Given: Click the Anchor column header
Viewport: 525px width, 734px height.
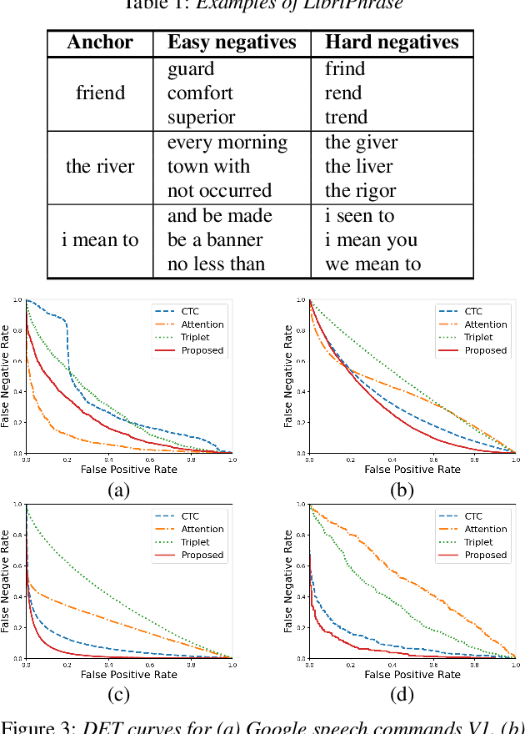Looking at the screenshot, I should click(100, 43).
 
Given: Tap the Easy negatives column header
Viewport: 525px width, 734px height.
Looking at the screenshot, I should click(232, 43).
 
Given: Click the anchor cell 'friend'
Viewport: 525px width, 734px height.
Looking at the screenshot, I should click(100, 93).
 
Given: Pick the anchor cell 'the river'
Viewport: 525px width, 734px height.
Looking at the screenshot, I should click(100, 166).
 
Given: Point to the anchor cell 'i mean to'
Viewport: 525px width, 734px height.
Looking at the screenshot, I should click(100, 240).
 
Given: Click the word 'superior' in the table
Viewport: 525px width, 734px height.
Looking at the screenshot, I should click(202, 118).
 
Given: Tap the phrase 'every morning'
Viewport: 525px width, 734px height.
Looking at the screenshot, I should click(227, 143).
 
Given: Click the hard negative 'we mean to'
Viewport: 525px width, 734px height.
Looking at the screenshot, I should click(372, 264).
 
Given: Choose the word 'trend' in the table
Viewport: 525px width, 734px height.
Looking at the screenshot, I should click(347, 118).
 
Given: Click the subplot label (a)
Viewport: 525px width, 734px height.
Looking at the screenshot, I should click(119, 490).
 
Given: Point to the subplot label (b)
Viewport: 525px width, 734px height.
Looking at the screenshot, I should click(403, 490).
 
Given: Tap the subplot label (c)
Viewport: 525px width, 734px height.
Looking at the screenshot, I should click(119, 694).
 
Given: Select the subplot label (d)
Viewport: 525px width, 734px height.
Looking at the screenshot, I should click(403, 694).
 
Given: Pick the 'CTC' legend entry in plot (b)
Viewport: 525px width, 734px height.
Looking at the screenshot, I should click(473, 312).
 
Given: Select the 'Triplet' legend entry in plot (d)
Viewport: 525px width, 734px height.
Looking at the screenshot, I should click(478, 542).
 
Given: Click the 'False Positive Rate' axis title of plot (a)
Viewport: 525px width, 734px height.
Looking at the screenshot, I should click(128, 470).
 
